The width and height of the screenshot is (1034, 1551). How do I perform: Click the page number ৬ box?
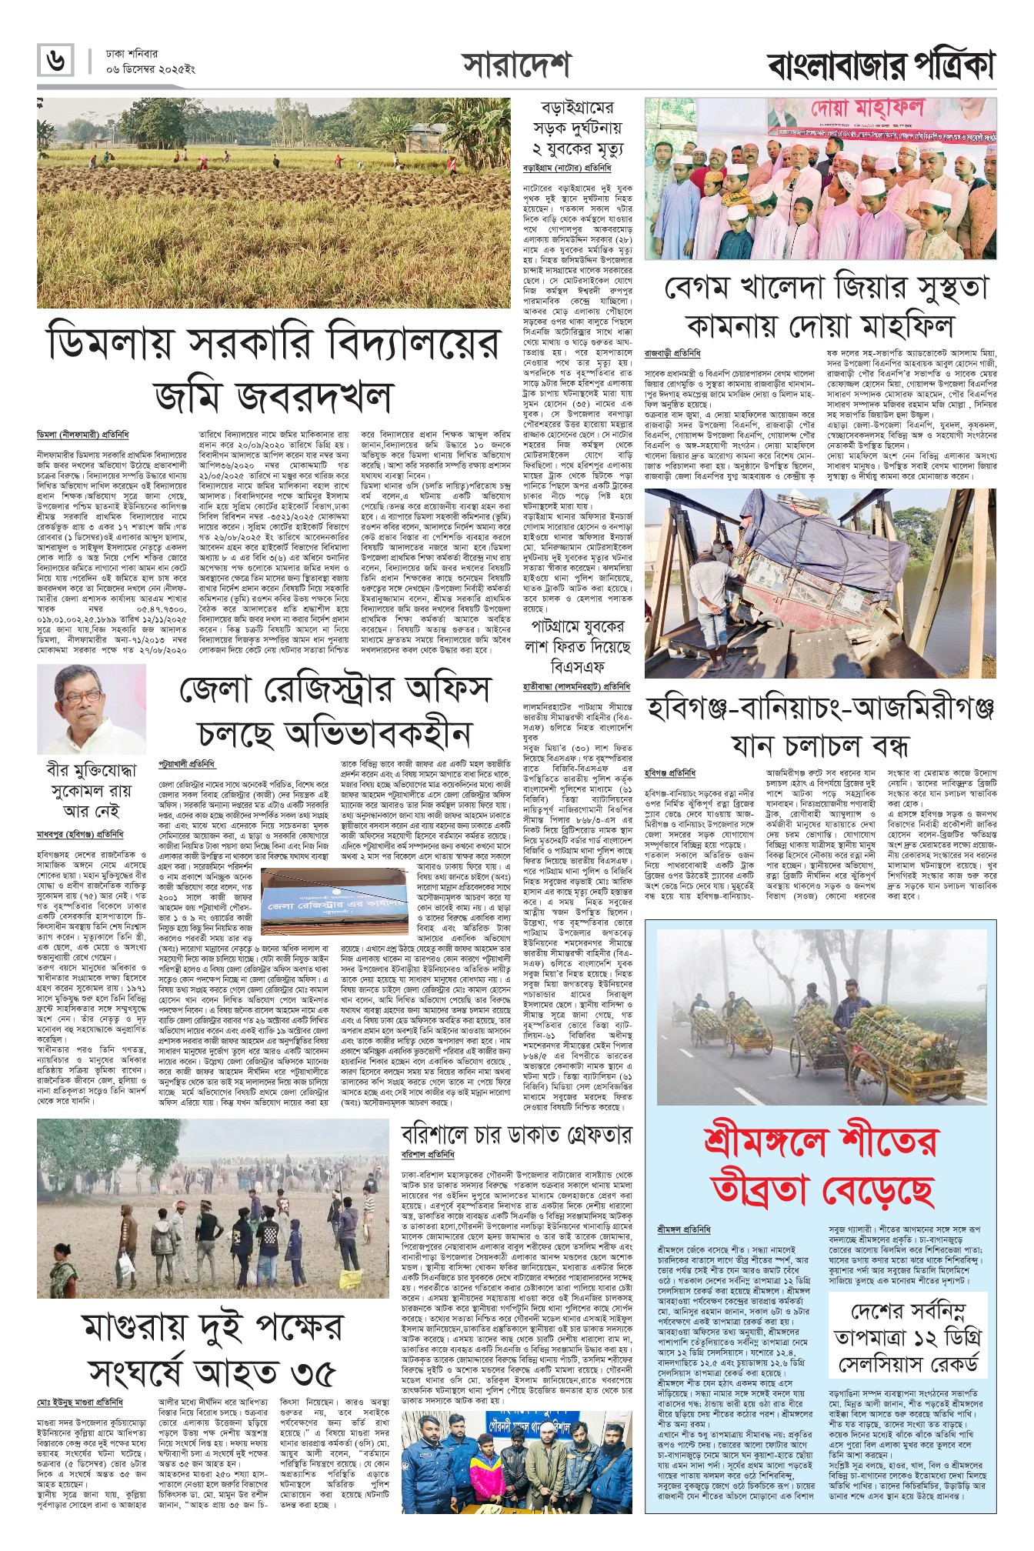tap(56, 61)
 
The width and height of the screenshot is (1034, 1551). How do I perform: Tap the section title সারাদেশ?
tap(516, 65)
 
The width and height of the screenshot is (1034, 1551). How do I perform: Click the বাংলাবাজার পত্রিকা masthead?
tap(881, 65)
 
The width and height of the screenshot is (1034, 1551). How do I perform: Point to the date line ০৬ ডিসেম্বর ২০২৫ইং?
tap(152, 69)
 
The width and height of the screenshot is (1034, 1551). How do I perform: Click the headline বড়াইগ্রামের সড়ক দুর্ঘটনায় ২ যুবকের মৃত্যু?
tap(578, 127)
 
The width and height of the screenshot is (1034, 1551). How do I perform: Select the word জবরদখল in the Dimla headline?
tap(273, 395)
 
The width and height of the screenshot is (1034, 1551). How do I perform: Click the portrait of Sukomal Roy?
tap(91, 709)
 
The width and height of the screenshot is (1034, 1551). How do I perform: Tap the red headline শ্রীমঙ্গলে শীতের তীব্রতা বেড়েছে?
tap(820, 1165)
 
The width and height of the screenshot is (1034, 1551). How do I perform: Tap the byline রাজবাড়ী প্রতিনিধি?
tap(672, 353)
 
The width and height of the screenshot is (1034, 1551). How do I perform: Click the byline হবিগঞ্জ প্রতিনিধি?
tap(669, 772)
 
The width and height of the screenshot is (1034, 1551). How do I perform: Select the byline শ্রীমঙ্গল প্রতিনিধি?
tap(684, 1229)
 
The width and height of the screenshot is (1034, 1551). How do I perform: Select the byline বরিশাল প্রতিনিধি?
tap(428, 1155)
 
